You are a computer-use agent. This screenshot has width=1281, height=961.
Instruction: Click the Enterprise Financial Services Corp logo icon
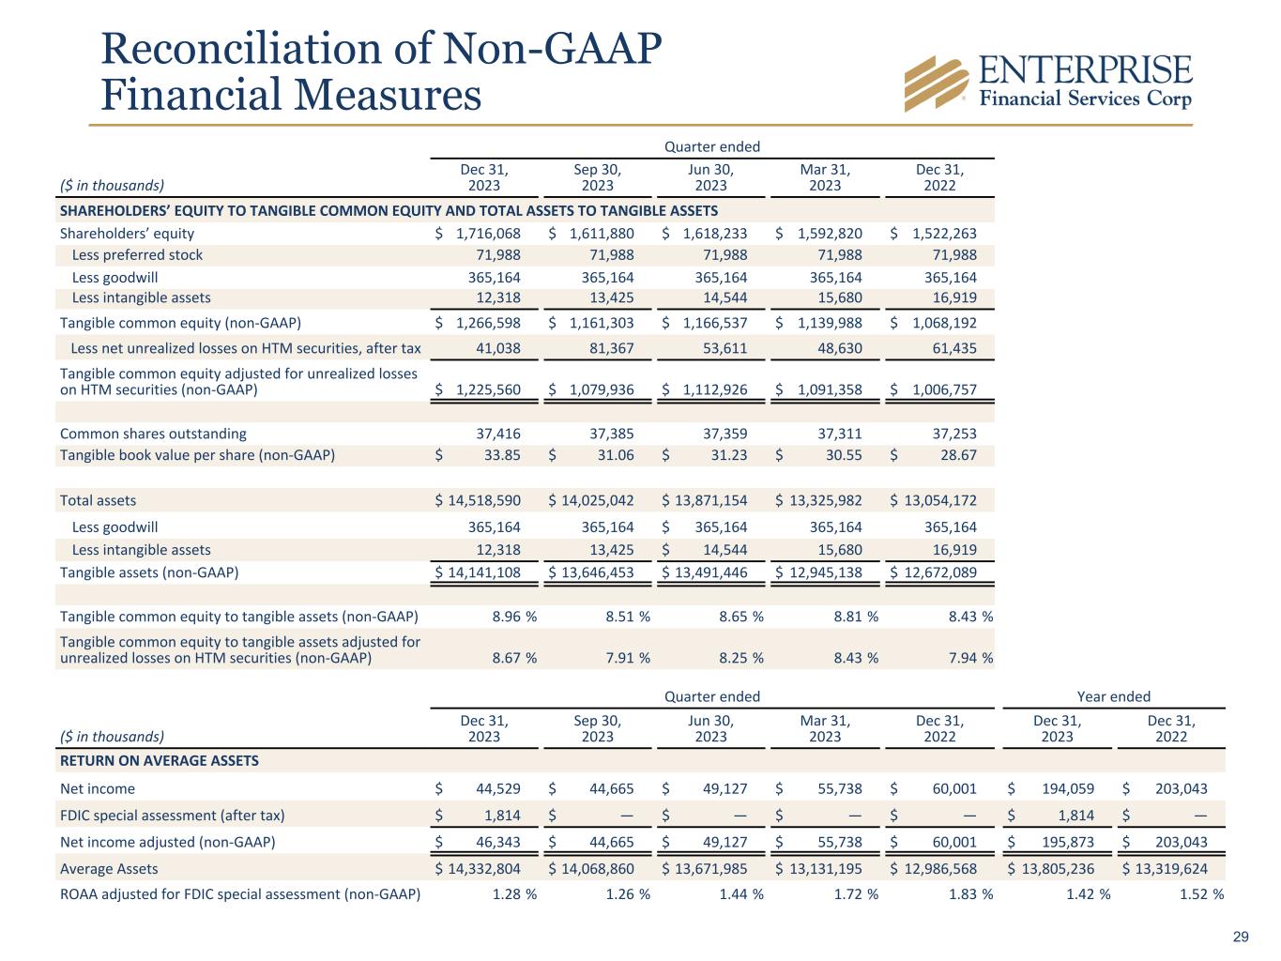pos(936,83)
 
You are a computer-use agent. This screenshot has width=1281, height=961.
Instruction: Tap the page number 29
pos(1241,937)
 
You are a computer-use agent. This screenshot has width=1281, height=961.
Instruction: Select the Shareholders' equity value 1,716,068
pos(487,234)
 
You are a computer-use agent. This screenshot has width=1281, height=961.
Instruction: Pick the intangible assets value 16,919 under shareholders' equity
pos(951,298)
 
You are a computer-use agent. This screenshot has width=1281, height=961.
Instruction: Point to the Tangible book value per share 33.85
pos(498,456)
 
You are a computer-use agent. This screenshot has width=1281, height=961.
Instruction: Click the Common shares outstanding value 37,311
pos(835,434)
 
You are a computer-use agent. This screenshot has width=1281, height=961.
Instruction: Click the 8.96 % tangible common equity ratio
pos(514,618)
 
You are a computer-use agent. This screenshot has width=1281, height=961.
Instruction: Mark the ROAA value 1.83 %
pos(970,894)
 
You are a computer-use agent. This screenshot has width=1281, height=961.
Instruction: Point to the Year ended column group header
pos(1113,696)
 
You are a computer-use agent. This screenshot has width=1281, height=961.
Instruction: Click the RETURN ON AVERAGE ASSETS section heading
pos(160,761)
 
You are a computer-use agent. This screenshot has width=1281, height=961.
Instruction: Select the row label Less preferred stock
pos(137,255)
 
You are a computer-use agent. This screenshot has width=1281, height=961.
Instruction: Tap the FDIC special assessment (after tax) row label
pos(173,816)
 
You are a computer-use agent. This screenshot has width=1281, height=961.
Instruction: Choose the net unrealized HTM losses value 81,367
pos(607,349)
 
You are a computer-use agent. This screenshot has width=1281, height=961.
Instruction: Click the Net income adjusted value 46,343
pos(493,843)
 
